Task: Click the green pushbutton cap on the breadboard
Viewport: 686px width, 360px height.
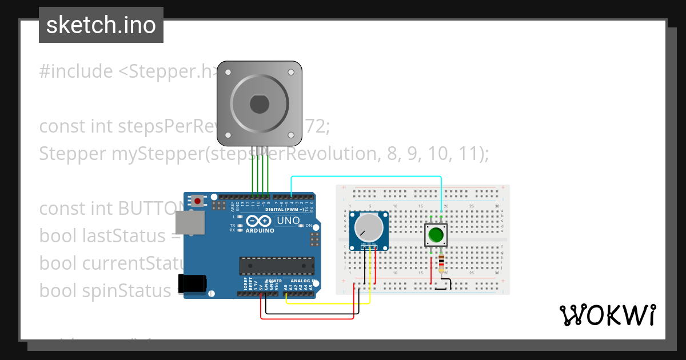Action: (436, 235)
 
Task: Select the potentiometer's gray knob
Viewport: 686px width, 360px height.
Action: (368, 227)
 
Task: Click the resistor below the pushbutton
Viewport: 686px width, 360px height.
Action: (441, 264)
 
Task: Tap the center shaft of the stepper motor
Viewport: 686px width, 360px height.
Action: (259, 105)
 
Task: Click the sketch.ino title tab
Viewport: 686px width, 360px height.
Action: (101, 25)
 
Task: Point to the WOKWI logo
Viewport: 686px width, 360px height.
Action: (607, 315)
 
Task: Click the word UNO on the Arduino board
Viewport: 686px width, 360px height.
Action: (289, 221)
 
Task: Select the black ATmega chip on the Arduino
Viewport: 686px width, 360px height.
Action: (276, 266)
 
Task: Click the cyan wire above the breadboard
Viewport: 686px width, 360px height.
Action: (366, 177)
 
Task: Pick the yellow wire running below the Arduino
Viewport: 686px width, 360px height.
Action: (326, 303)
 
